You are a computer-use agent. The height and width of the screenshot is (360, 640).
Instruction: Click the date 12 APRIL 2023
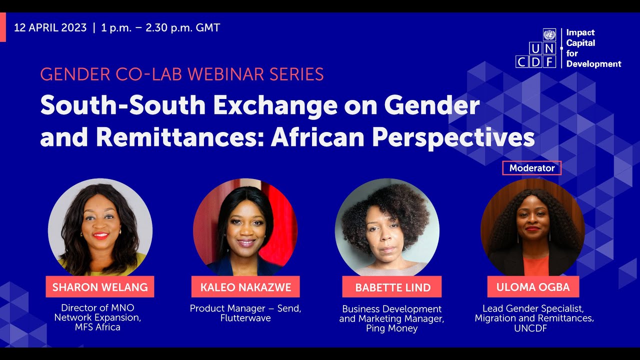50,28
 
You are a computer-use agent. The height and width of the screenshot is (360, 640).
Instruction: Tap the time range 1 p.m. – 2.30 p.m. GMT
160,28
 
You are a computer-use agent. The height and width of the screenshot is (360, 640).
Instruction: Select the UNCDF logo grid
535,48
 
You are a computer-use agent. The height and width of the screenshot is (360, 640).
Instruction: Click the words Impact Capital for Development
593,48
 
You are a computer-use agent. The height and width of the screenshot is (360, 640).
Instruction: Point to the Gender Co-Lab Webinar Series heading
182,74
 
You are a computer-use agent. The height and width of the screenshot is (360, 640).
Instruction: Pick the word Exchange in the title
268,106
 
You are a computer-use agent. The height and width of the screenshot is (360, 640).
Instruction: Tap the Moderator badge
531,168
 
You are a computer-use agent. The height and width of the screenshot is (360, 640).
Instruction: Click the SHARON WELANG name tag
100,287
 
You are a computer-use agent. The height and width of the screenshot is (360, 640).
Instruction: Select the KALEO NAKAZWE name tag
245,287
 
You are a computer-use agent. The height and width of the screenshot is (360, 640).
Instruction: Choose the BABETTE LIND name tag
392,287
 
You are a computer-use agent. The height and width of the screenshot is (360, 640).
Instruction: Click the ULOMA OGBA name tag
533,287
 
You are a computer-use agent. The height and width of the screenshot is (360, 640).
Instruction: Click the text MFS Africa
98,327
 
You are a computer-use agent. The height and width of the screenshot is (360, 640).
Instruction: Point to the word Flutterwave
245,318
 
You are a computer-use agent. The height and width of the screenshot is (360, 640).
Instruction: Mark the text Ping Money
391,328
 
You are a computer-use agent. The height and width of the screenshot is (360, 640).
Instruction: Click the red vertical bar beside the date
2,28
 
